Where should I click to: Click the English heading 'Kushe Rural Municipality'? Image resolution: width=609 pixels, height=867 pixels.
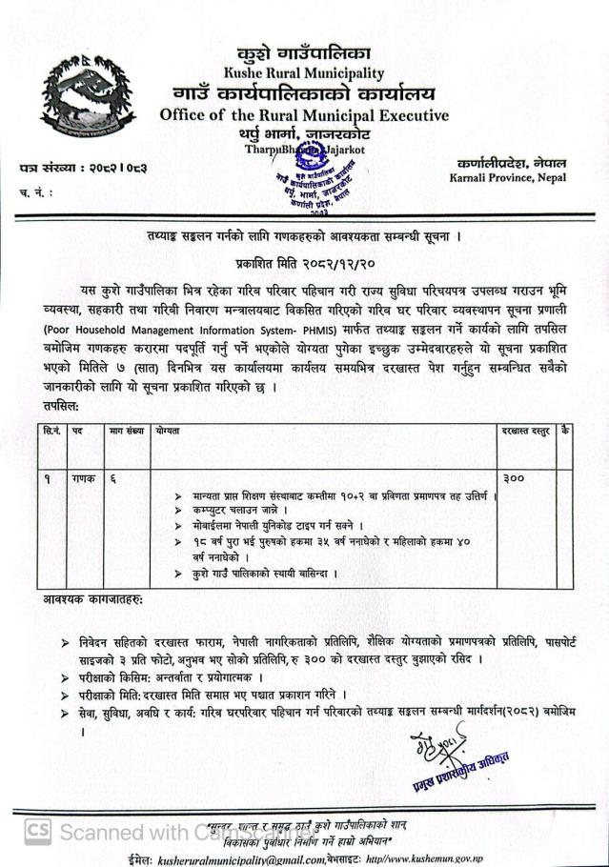[304, 73]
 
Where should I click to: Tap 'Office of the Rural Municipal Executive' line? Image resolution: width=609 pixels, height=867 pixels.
[304, 115]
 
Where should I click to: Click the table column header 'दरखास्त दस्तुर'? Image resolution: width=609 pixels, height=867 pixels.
[525, 432]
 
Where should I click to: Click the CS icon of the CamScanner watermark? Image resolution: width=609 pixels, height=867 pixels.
[37, 832]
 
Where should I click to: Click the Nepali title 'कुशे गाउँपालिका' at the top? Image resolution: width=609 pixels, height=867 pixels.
[304, 52]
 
